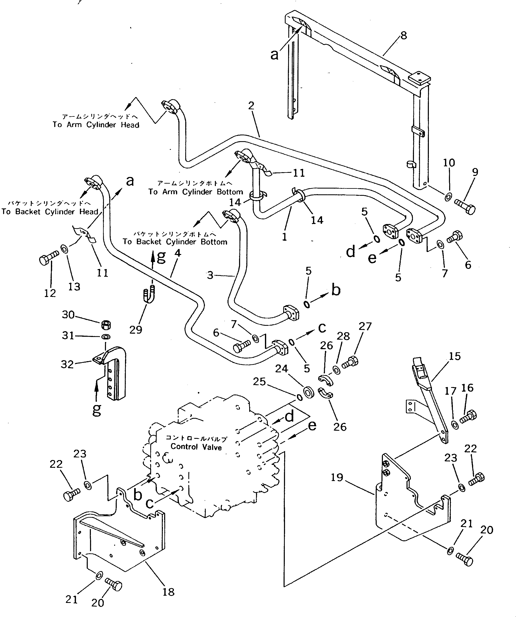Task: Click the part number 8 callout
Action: click(x=404, y=36)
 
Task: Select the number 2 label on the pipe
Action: click(x=251, y=106)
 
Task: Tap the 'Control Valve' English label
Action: click(x=196, y=447)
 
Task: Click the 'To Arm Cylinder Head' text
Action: click(x=96, y=125)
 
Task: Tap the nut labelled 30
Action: click(x=106, y=325)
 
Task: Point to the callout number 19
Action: click(x=337, y=477)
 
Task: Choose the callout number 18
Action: click(x=168, y=592)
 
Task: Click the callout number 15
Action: click(x=455, y=356)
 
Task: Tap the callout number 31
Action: click(x=68, y=335)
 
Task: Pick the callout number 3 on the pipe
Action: click(x=210, y=275)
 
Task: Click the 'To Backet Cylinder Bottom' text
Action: click(x=175, y=242)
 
